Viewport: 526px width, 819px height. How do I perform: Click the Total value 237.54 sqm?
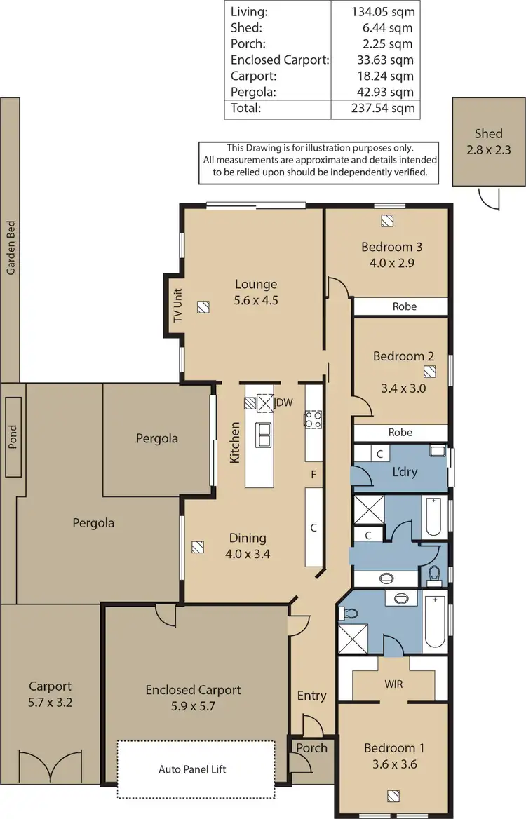coord(382,108)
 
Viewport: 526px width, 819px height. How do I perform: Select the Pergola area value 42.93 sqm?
coord(382,92)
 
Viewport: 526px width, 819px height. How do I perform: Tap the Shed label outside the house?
coord(488,133)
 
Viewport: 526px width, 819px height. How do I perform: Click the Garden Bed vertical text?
coord(11,249)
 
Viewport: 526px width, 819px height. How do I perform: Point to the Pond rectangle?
coord(12,436)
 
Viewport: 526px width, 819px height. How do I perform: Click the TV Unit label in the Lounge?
coord(177,306)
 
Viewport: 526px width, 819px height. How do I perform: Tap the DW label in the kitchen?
coord(284,402)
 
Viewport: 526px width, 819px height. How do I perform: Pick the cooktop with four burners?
coord(312,419)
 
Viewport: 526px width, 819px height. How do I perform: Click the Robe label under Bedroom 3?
coord(404,306)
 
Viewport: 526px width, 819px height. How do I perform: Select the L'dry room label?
coord(405,472)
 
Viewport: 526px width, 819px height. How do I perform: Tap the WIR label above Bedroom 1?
coord(394,684)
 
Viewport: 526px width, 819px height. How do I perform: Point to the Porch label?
coord(311,747)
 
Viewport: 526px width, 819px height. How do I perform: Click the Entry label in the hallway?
coord(311,696)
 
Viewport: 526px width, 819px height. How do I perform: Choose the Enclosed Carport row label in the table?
coord(279,60)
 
